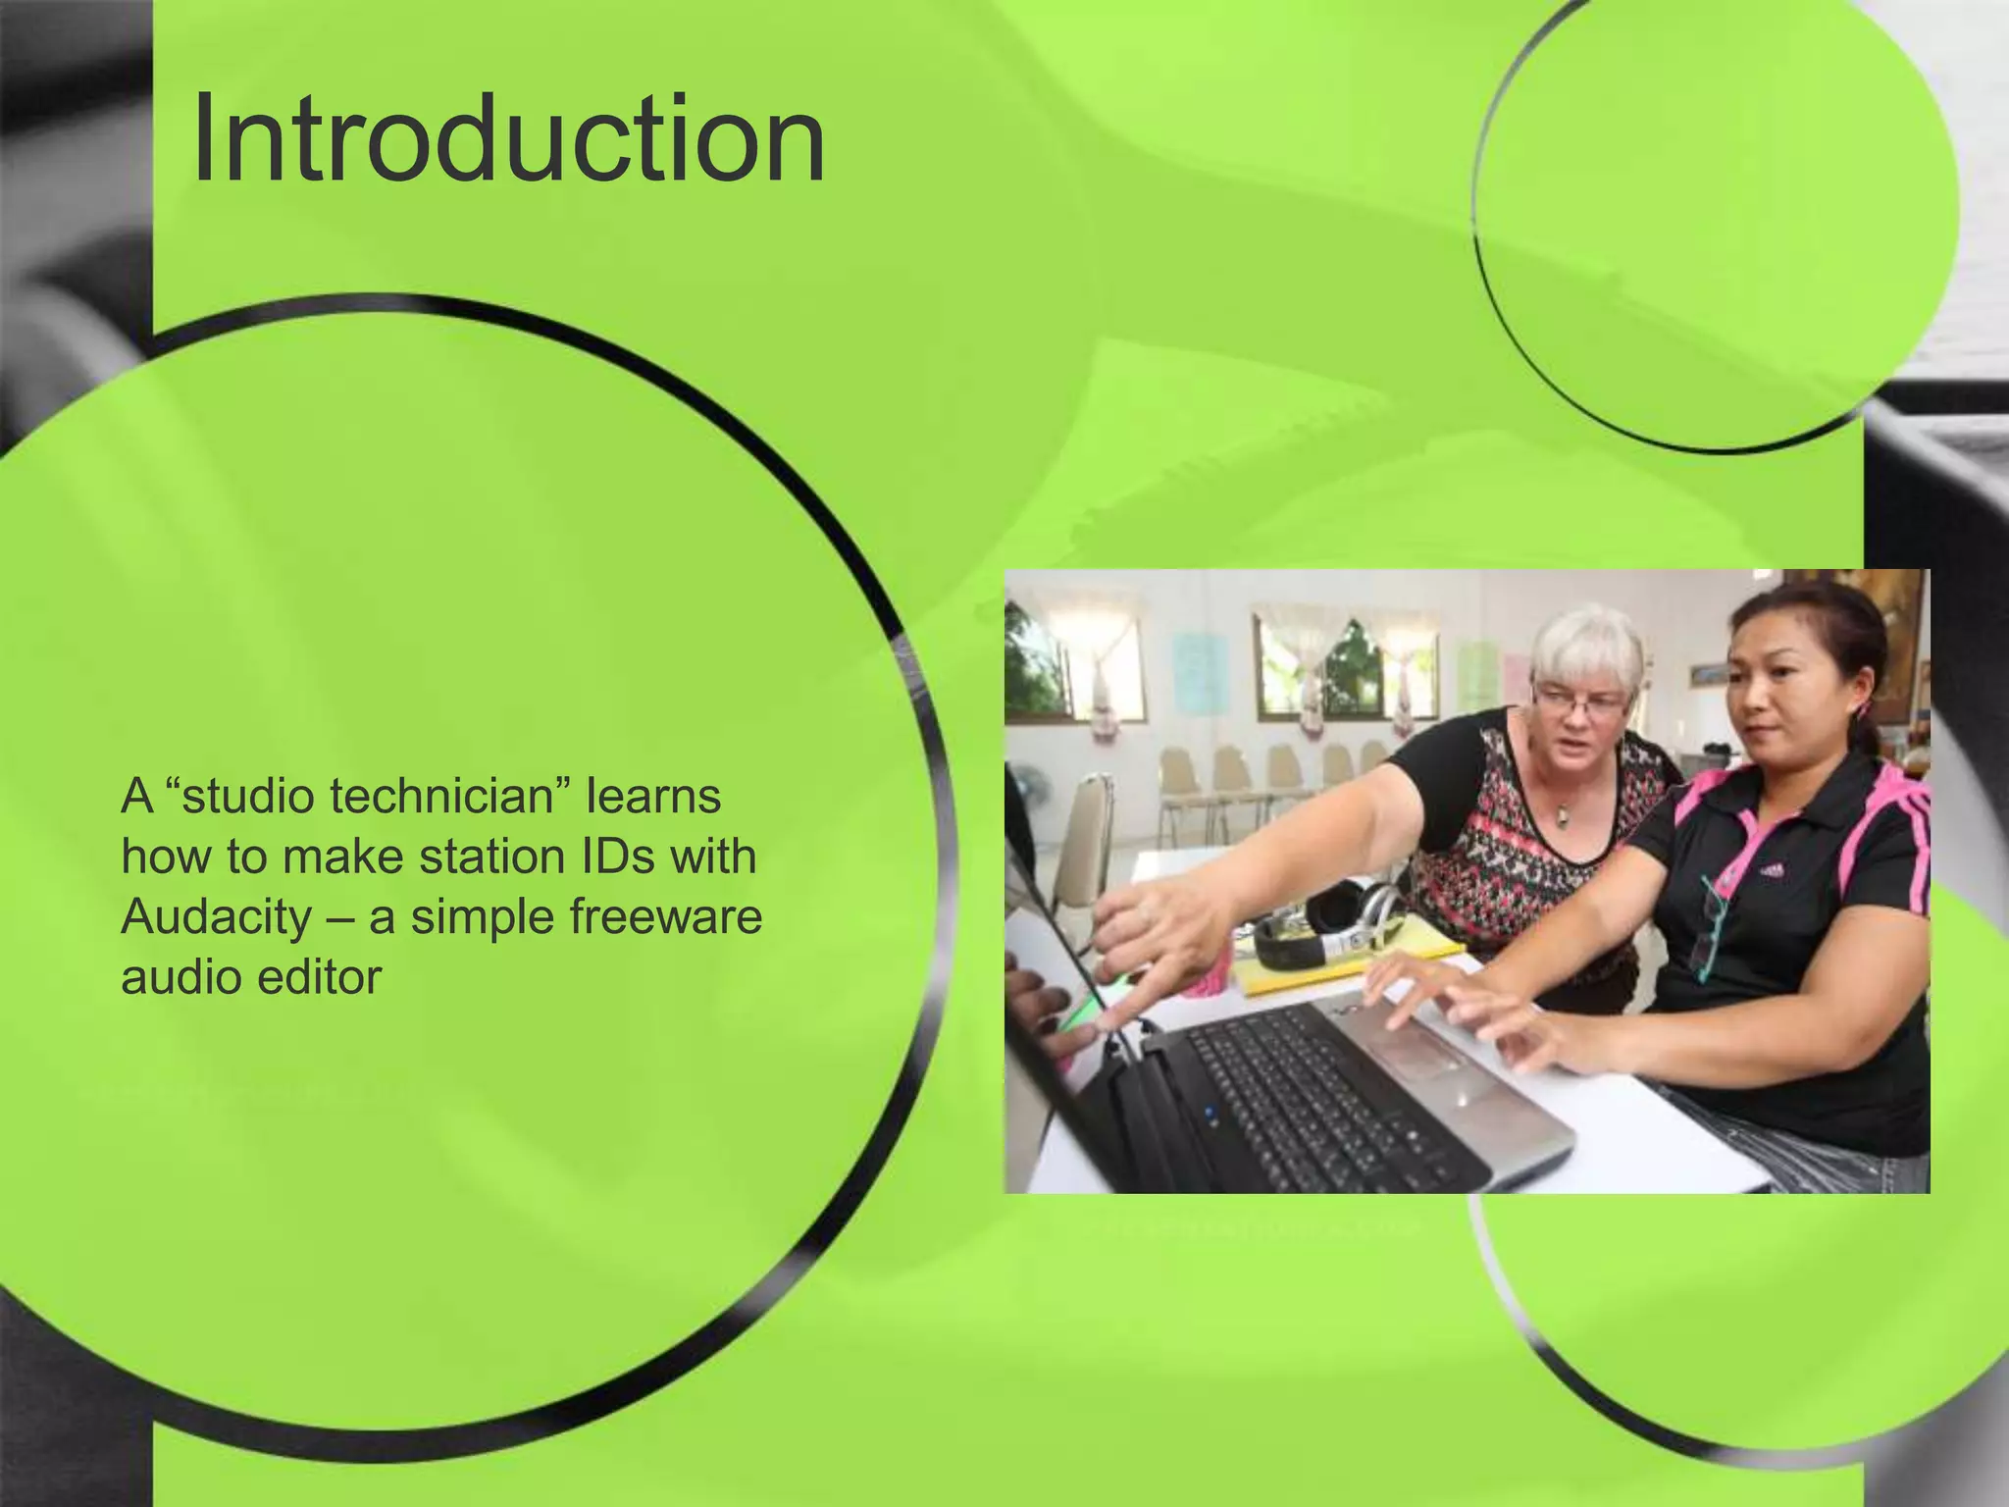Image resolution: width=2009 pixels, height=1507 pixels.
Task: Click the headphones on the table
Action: pos(1324,927)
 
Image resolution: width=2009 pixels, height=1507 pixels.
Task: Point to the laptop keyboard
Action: pos(1314,1099)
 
